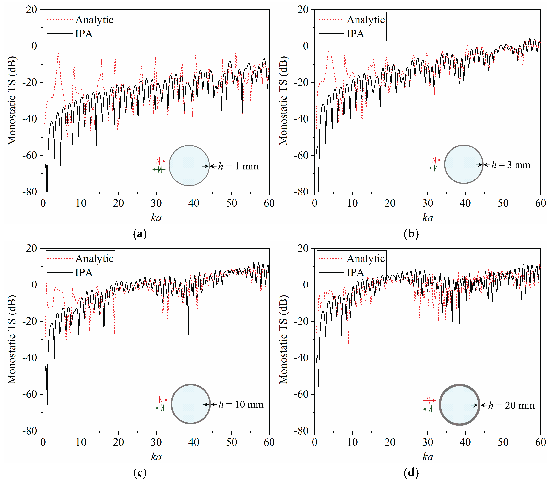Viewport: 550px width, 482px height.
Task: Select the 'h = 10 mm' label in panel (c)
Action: click(x=241, y=404)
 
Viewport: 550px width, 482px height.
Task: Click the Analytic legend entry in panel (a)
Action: click(x=94, y=20)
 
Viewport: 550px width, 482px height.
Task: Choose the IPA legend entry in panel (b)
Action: click(x=355, y=34)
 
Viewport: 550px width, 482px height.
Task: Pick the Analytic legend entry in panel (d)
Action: click(x=366, y=258)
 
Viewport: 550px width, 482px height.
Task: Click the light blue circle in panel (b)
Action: click(x=464, y=164)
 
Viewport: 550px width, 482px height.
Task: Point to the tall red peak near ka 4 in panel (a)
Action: click(x=58, y=52)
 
